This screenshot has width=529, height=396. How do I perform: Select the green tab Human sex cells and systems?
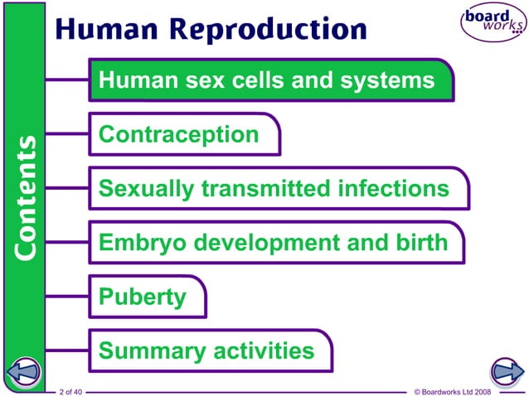[267, 80]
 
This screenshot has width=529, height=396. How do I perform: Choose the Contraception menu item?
[179, 134]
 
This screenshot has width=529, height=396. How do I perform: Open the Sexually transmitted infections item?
[274, 189]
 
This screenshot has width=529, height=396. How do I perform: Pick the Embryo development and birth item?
[273, 243]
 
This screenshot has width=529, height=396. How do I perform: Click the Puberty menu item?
[142, 297]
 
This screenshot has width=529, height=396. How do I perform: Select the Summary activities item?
[206, 350]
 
